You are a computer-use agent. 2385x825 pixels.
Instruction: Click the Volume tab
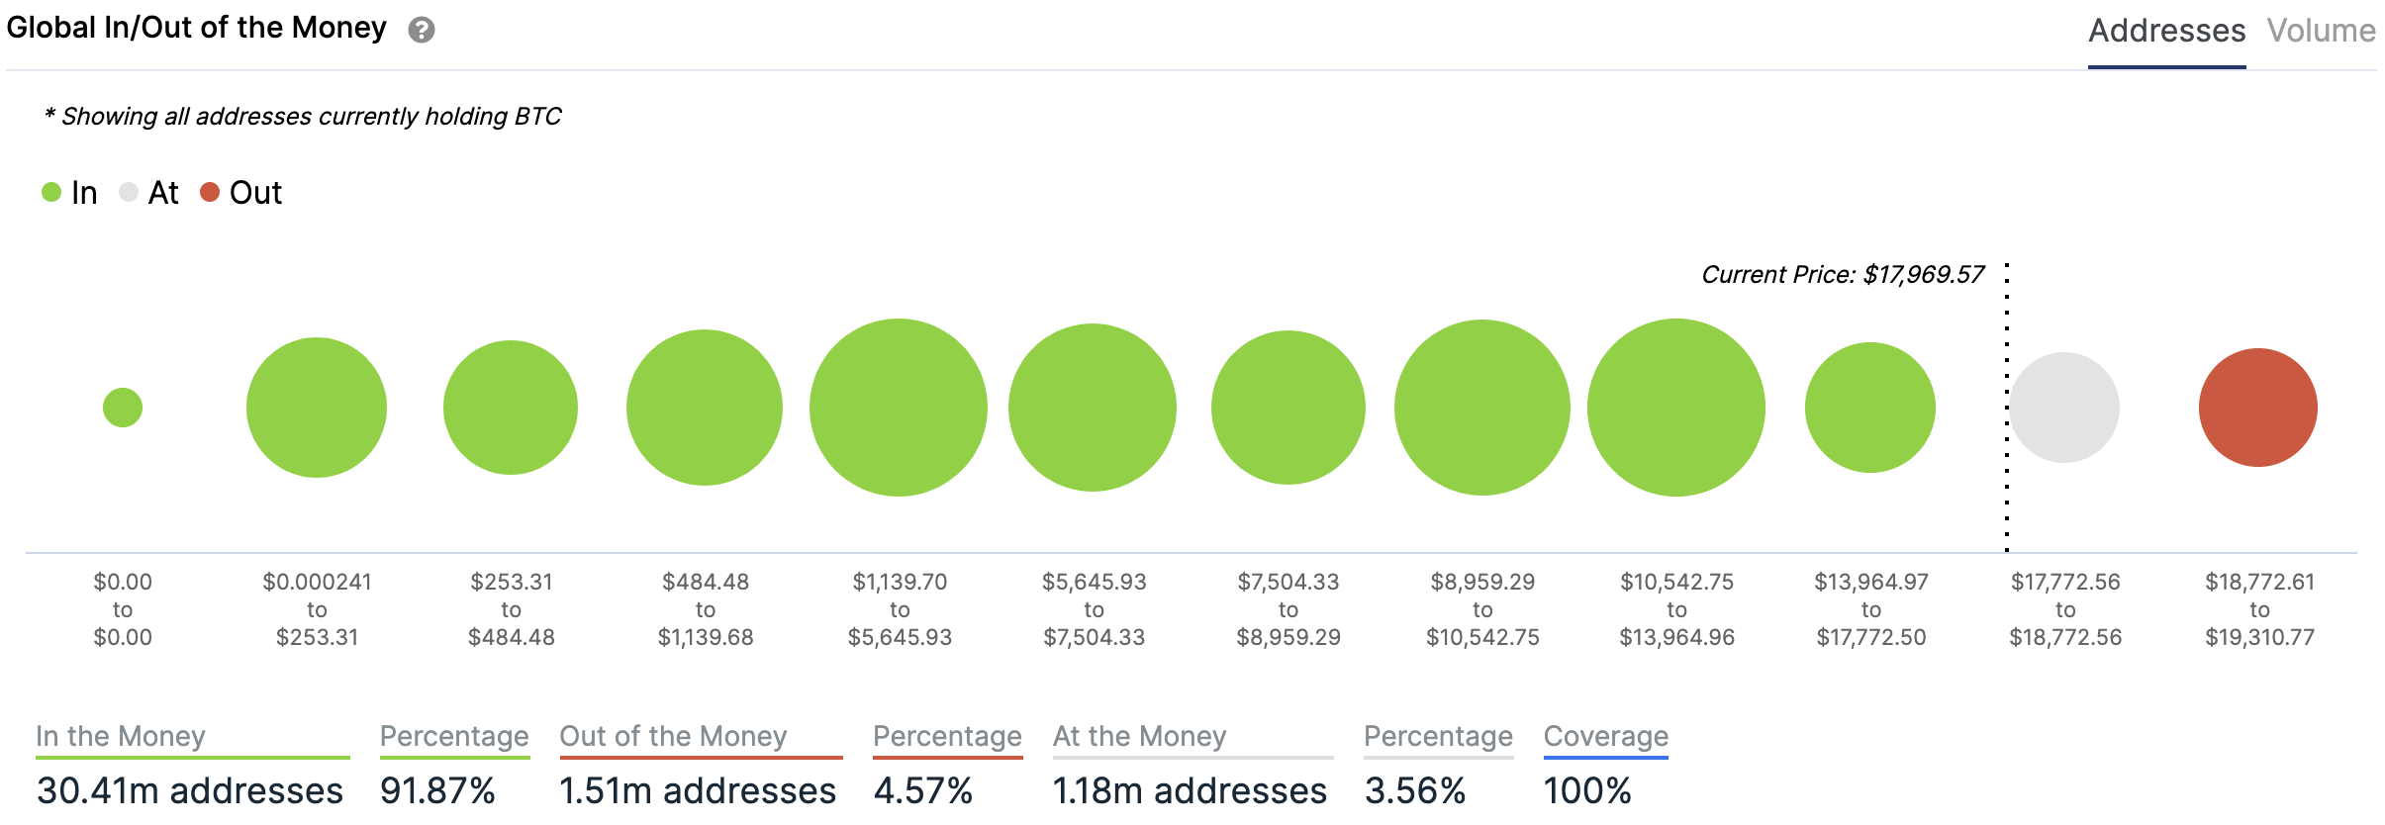[2321, 32]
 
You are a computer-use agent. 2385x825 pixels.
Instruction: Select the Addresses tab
[2166, 32]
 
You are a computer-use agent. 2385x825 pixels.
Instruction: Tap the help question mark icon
[422, 31]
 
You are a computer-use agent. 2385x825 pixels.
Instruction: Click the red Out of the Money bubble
[2257, 408]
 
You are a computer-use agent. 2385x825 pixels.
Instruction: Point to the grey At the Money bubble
[2064, 408]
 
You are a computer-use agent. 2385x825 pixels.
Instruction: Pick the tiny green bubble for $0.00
[123, 408]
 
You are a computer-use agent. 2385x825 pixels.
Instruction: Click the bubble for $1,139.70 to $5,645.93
[899, 408]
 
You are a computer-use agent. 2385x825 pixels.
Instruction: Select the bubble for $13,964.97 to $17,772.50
[1869, 408]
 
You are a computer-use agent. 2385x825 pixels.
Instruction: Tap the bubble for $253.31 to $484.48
[511, 408]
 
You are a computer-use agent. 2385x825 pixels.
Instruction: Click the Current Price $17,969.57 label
[1843, 275]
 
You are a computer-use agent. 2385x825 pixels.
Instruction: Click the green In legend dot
[51, 192]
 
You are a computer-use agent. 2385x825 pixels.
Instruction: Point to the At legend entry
[149, 192]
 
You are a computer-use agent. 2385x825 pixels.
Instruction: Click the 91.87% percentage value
[437, 790]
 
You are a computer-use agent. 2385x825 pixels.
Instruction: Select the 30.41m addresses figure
[190, 790]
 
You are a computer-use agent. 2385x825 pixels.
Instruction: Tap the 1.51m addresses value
[698, 790]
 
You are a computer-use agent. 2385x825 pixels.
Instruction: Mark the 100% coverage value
[1587, 790]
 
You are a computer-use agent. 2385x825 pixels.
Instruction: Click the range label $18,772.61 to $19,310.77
[2259, 609]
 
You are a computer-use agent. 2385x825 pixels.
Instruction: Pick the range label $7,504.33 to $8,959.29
[1288, 609]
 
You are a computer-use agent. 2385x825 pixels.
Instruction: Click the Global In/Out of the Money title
[196, 28]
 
